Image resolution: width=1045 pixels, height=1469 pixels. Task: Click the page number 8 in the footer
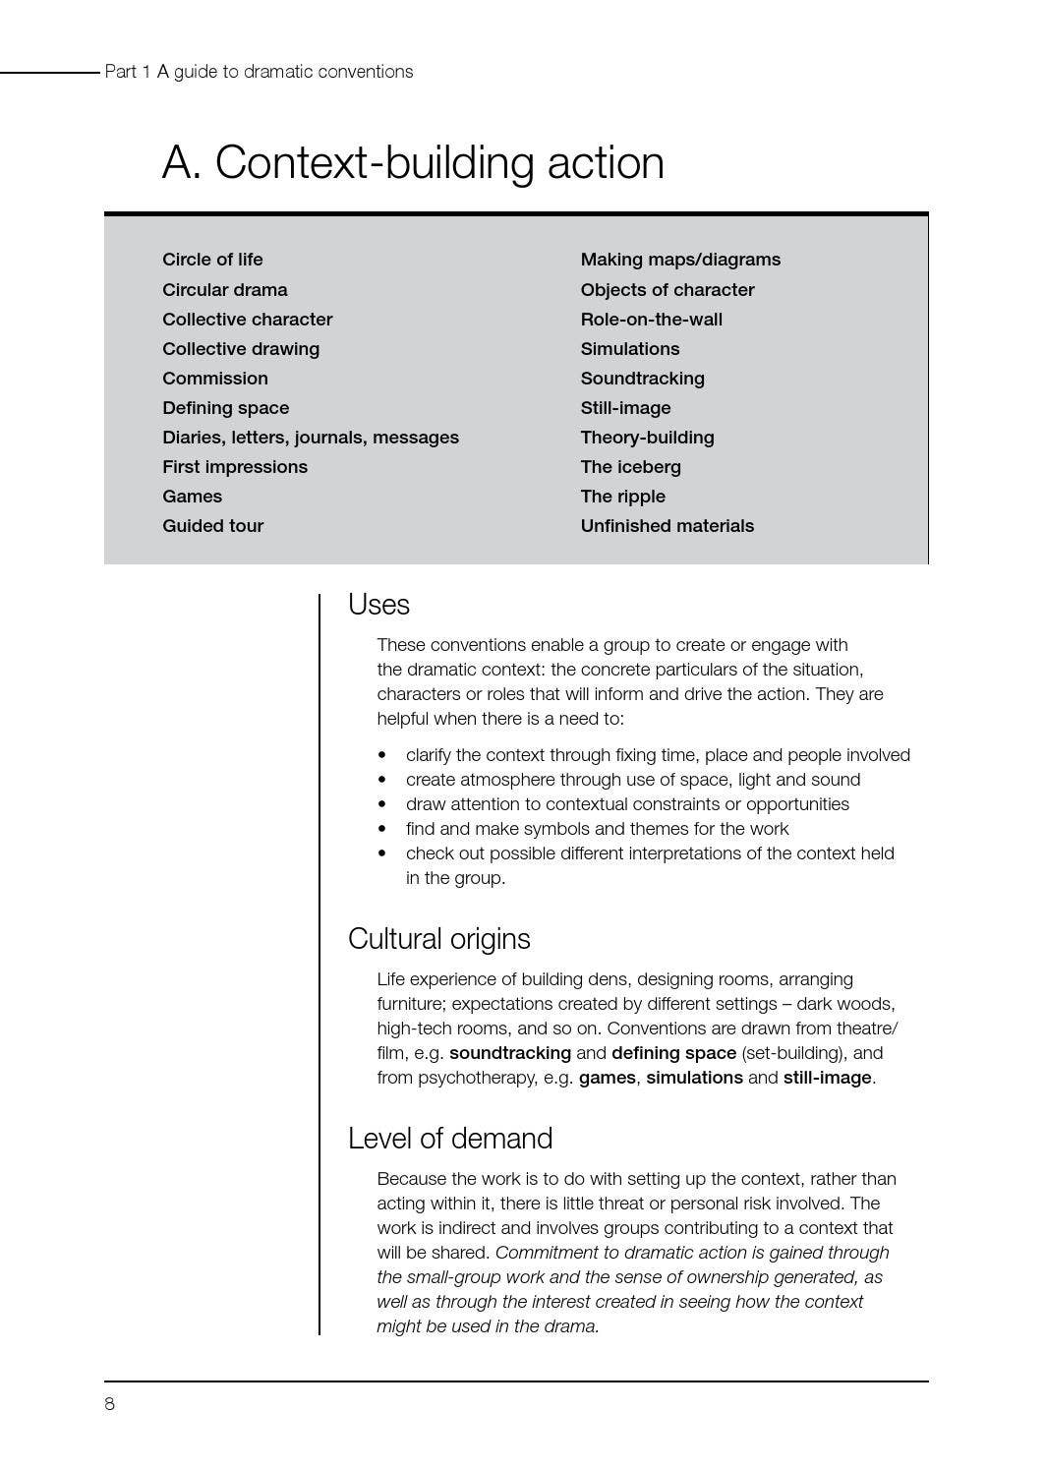109,1404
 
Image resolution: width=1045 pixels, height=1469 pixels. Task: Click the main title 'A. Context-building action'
412,162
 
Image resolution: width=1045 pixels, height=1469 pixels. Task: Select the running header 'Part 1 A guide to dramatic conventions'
259,72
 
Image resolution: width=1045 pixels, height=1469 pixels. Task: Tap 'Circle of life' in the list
212,260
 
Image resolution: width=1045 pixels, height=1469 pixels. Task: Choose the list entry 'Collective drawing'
241,349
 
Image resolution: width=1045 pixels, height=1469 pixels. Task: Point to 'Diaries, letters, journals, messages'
311,438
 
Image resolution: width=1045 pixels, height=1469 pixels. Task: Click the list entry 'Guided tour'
212,526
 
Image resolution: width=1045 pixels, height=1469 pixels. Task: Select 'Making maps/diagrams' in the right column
680,260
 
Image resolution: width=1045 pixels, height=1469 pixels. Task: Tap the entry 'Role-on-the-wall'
651,320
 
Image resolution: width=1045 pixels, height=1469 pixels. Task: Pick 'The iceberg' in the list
630,467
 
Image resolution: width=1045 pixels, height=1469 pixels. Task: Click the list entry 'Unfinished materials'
667,526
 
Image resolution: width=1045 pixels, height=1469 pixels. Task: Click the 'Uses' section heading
378,605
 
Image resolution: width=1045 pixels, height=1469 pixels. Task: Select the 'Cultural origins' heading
438,939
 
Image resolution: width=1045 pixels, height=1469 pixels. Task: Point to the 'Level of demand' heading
450,1139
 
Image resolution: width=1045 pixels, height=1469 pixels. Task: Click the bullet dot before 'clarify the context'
382,755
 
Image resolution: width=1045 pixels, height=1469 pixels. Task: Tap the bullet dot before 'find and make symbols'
382,829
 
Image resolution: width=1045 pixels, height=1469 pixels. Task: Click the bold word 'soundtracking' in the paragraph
509,1053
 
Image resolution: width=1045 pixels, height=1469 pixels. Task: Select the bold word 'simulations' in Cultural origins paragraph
694,1078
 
